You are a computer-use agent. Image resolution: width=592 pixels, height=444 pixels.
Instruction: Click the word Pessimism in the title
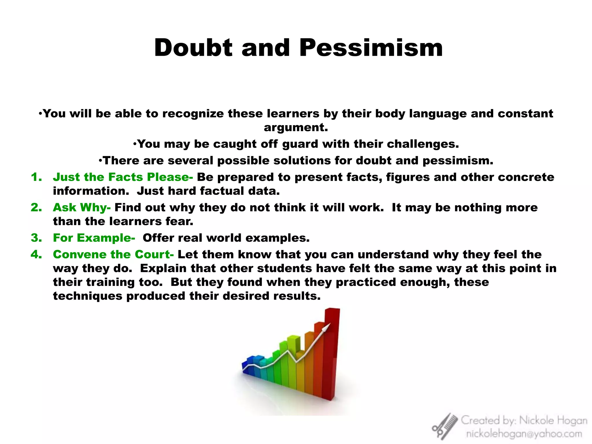pos(371,48)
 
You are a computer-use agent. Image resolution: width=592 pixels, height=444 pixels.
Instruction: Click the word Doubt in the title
pos(193,48)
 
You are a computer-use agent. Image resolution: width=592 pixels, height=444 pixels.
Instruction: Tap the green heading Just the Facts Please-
pos(123,177)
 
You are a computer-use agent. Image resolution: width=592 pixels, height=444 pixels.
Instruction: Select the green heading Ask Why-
pos(82,208)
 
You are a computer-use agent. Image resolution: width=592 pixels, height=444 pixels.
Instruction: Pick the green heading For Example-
pos(94,238)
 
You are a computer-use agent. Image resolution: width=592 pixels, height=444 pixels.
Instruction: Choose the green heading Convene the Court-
pos(113,254)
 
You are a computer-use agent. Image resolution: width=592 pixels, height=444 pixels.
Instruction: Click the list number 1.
pos(36,177)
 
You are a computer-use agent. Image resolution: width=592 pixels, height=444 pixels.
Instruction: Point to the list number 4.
pos(36,254)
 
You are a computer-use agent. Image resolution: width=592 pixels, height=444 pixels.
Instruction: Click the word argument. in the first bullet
pos(296,127)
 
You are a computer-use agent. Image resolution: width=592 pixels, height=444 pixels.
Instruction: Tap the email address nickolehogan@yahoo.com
pos(524,434)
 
